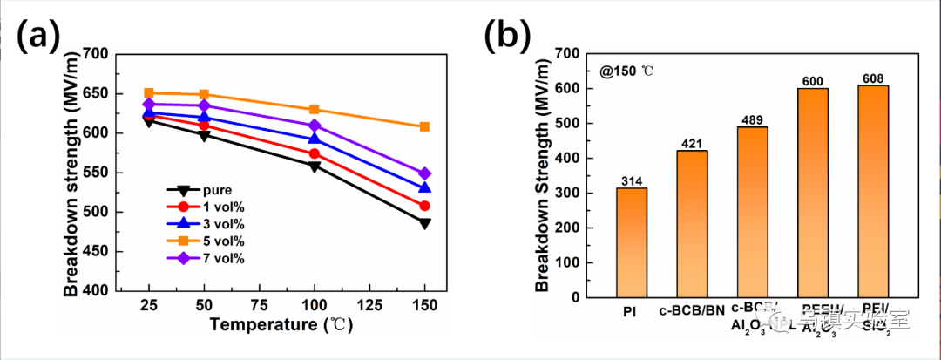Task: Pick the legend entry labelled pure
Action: tap(209, 189)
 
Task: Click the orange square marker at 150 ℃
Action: tap(424, 126)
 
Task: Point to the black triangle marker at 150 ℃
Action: tap(424, 223)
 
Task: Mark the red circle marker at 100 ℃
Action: tap(314, 153)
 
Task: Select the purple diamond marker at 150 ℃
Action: tap(424, 173)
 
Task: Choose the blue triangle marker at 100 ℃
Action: tap(314, 139)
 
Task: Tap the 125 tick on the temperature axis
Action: tap(369, 306)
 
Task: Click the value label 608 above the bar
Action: tap(873, 78)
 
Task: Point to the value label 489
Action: tap(753, 119)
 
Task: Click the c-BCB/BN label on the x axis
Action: tap(693, 310)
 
